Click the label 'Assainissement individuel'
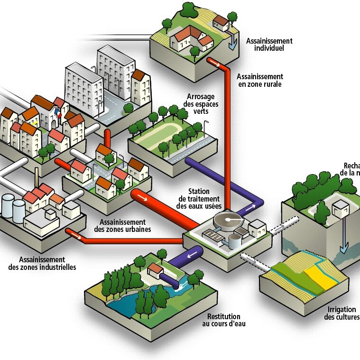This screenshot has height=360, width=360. (269, 45)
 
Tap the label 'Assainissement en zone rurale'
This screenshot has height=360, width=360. (259, 80)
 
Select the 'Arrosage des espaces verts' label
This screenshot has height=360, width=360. (198, 104)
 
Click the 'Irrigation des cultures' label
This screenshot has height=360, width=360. (342, 313)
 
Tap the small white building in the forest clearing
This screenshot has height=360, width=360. (341, 208)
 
